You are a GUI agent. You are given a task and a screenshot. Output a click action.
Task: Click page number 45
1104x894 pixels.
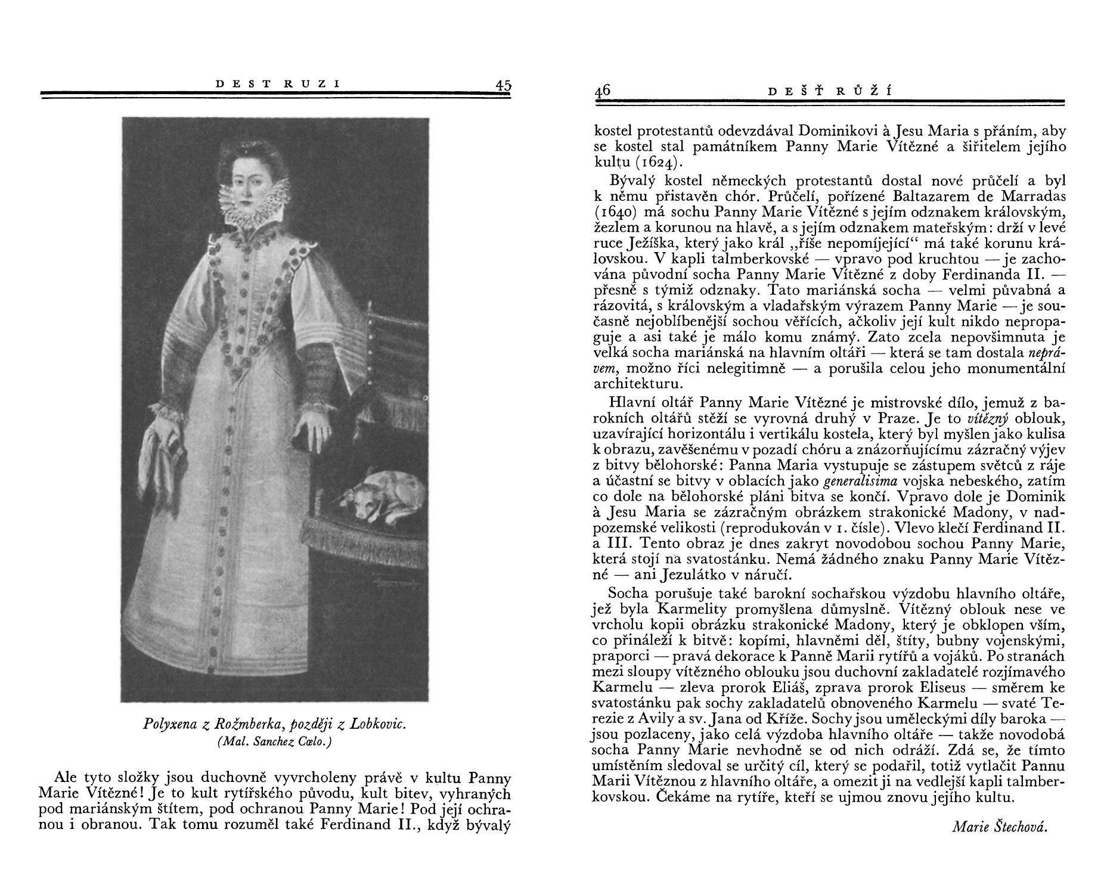coord(503,85)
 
